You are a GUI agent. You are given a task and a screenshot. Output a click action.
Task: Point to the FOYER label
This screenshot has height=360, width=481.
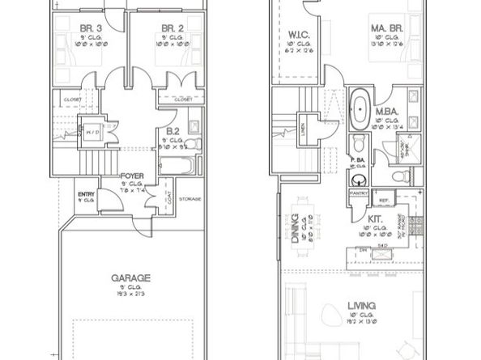coord(132,175)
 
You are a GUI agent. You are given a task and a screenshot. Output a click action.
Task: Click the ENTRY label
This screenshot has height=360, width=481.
coord(86,194)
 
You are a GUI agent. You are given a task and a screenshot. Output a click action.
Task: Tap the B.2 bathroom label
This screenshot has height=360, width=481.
coord(172,129)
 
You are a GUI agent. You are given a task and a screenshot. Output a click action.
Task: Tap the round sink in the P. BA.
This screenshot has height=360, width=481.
coord(360,179)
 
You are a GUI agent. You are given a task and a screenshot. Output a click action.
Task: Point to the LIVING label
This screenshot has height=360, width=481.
coord(360,305)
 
